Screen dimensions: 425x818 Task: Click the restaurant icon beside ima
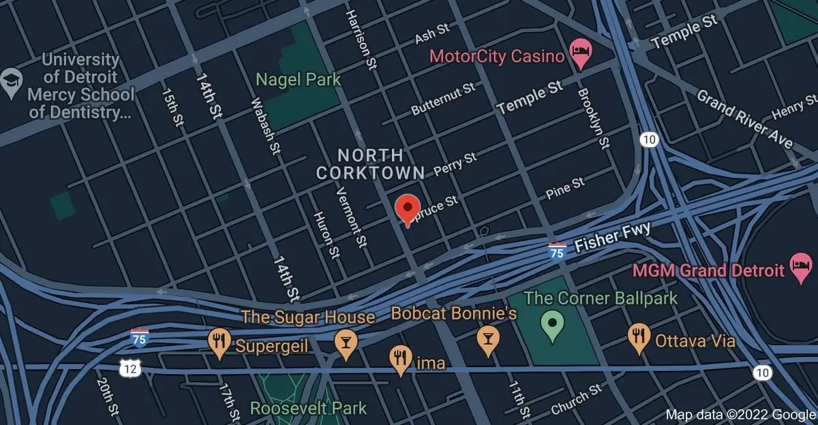pyautogui.click(x=399, y=360)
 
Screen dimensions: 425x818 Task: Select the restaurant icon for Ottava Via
pyautogui.click(x=638, y=339)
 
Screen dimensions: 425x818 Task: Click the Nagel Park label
pyautogui.click(x=298, y=80)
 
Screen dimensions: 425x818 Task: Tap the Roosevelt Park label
pyautogui.click(x=308, y=409)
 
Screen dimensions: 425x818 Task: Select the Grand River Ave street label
pyautogui.click(x=744, y=118)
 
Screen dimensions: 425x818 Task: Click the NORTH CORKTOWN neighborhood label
pyautogui.click(x=370, y=163)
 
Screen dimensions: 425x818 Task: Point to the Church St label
pyautogui.click(x=577, y=399)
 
